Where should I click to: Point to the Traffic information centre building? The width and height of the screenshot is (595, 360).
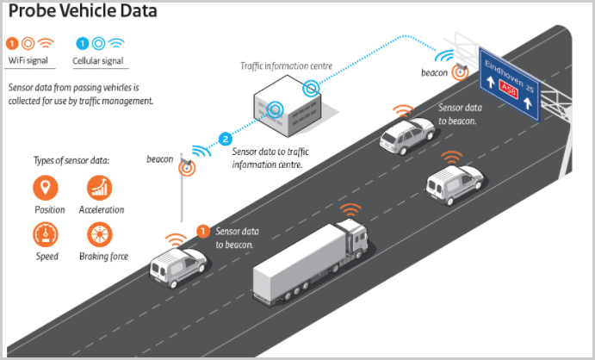[288, 107]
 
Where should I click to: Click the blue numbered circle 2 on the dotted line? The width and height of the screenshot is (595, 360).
[226, 138]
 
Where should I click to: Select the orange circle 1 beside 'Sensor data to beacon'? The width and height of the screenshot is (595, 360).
[203, 231]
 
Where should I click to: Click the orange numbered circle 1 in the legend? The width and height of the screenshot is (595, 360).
[12, 42]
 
